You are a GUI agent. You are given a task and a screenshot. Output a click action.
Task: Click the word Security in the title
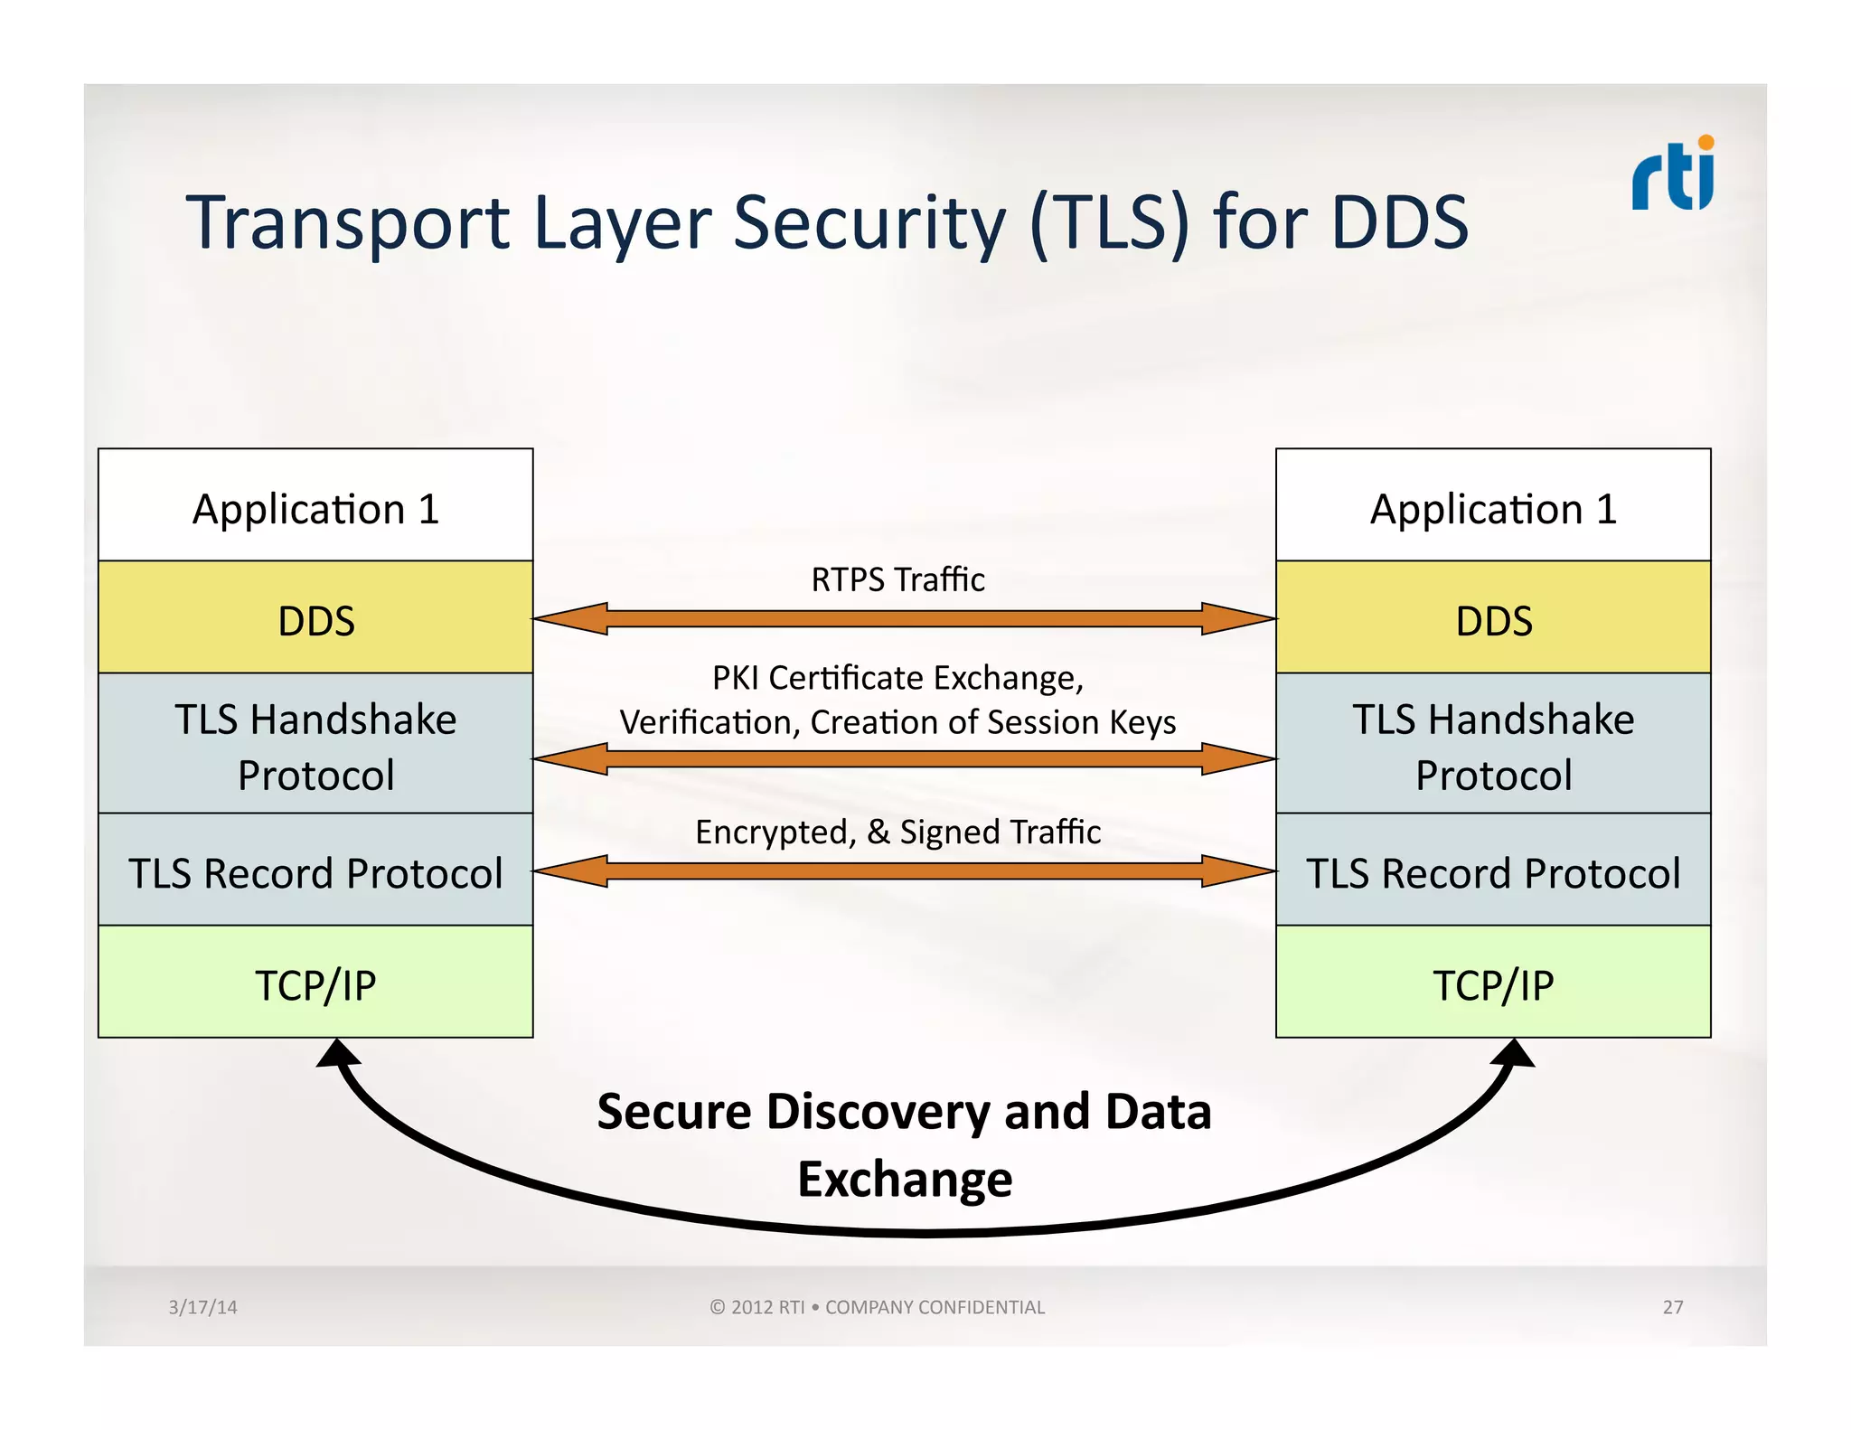tap(869, 223)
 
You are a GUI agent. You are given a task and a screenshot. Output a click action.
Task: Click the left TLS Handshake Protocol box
tap(315, 746)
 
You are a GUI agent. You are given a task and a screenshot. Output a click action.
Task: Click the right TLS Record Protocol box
tap(1493, 872)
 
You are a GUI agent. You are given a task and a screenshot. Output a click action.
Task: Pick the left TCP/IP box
tap(315, 983)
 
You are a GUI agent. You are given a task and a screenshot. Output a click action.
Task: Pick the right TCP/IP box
tap(1493, 983)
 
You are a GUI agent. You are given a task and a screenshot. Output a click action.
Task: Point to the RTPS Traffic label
tap(897, 579)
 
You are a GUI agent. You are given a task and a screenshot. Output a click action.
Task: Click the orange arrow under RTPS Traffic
tap(904, 619)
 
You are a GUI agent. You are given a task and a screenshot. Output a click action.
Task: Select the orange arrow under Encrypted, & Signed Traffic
tap(904, 871)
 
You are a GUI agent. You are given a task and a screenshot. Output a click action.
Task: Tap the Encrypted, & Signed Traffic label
tap(897, 832)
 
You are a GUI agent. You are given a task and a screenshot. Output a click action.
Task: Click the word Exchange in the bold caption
tap(905, 1179)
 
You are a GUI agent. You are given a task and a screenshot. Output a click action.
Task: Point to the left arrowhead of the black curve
tap(338, 1054)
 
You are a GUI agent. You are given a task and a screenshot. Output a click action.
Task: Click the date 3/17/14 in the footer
tap(202, 1307)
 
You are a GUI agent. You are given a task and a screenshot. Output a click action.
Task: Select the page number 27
tap(1672, 1307)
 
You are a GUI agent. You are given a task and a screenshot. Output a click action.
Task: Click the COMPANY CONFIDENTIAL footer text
tap(935, 1307)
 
